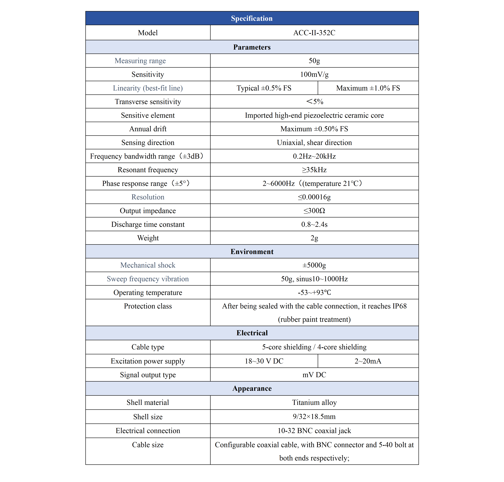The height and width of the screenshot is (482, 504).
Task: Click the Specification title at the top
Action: (x=252, y=18)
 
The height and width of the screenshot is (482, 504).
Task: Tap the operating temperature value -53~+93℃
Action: (x=314, y=292)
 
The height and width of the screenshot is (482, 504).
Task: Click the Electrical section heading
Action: (x=252, y=333)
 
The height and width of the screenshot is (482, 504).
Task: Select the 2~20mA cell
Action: (x=368, y=361)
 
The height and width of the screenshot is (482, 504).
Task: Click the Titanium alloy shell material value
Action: (x=314, y=402)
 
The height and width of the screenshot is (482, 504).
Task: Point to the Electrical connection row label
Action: (x=148, y=431)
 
